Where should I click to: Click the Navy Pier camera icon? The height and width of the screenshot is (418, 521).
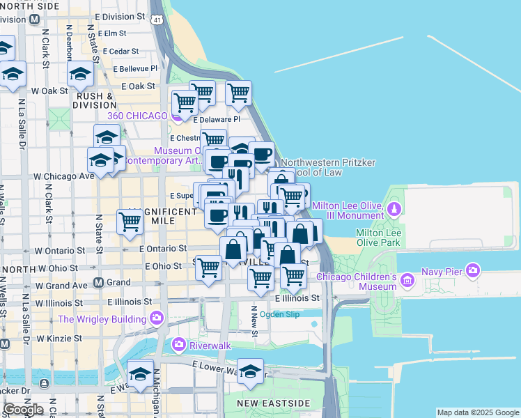474,270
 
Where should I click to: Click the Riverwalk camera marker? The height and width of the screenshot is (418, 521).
179,344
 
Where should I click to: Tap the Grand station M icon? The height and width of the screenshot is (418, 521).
98,283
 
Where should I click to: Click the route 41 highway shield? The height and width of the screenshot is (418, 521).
158,20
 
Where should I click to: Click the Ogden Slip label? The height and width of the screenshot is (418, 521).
279,314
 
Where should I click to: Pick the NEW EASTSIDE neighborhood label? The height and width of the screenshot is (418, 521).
272,403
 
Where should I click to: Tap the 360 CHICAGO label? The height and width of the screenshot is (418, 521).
137,116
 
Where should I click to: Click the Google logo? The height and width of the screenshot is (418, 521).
23,410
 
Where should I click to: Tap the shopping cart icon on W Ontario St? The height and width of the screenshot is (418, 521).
130,222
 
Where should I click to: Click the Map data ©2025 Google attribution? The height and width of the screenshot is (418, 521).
478,412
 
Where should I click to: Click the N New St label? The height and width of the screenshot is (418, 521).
254,323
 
